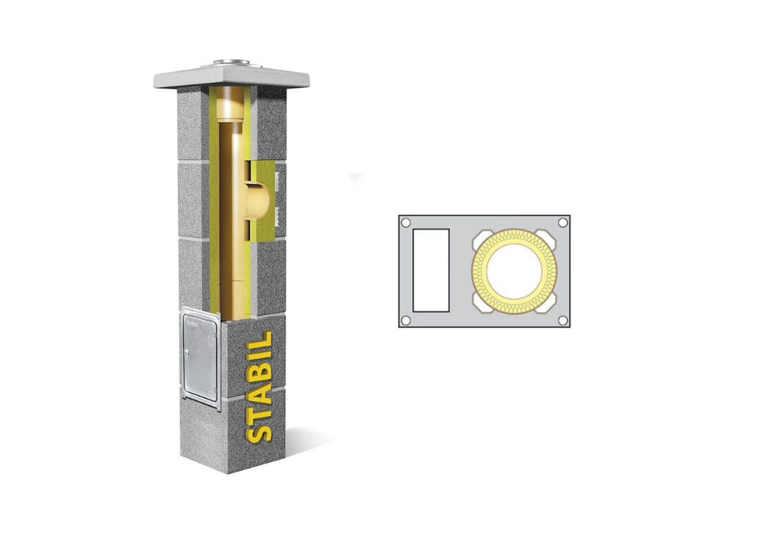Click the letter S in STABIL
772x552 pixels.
(x=259, y=432)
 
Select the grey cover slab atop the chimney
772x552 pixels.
(x=232, y=78)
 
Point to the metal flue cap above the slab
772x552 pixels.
(x=232, y=63)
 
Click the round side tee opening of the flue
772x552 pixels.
(x=257, y=198)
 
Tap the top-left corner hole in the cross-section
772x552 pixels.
(x=406, y=223)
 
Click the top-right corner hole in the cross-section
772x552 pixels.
(x=562, y=223)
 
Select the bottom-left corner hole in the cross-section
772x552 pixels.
(x=406, y=321)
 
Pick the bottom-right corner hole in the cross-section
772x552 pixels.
(x=562, y=321)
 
